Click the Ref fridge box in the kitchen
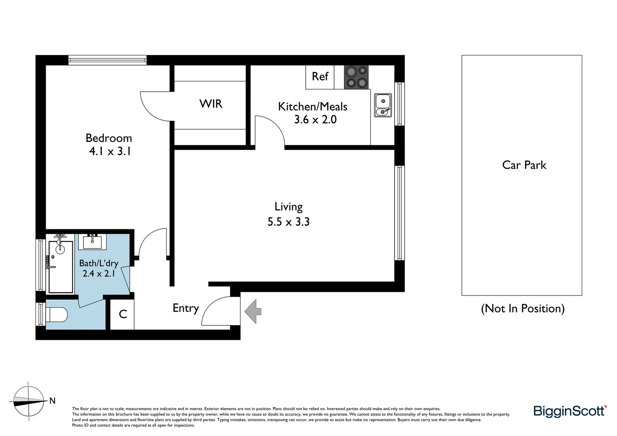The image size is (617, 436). click(x=320, y=77)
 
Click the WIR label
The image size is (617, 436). click(x=211, y=104)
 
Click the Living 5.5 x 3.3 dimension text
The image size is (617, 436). click(x=288, y=222)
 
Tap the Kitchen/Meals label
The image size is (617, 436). click(x=313, y=107)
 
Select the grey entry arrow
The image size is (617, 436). click(x=253, y=311)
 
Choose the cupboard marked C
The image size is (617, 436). click(x=123, y=314)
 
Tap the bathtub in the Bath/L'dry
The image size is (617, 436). click(x=61, y=266)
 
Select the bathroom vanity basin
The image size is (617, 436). click(x=94, y=241)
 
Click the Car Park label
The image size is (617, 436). click(x=524, y=165)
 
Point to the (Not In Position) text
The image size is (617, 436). click(x=523, y=308)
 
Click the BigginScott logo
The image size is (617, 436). click(x=570, y=411)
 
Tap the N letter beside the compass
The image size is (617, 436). click(x=52, y=401)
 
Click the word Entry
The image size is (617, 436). click(x=186, y=308)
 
